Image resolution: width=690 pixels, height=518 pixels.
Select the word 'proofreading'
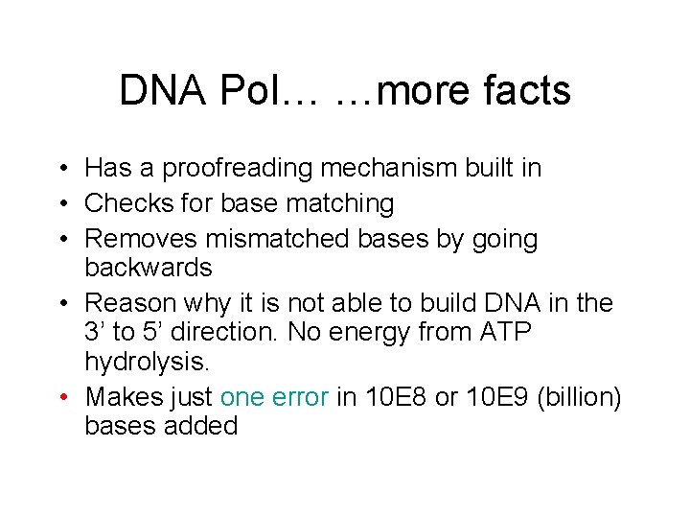239,169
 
